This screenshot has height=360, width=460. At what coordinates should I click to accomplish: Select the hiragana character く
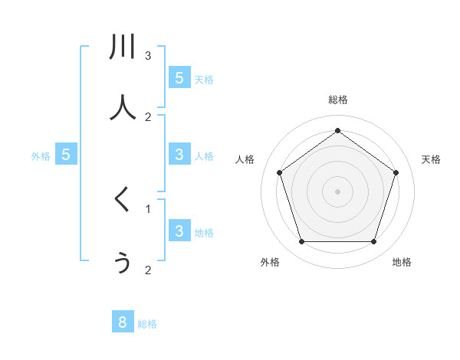click(x=122, y=201)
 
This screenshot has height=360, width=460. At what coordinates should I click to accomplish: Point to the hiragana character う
click(x=123, y=263)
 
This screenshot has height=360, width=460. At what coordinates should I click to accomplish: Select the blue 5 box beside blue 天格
click(x=179, y=77)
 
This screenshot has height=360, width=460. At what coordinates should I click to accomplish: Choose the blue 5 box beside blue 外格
click(x=66, y=155)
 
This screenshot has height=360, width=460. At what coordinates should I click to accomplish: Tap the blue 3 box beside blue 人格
click(x=179, y=155)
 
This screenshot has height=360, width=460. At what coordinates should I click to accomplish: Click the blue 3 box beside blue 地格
click(x=179, y=231)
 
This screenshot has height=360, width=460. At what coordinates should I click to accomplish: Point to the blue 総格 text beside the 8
click(x=147, y=324)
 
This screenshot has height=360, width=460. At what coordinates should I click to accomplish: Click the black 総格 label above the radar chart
click(x=337, y=100)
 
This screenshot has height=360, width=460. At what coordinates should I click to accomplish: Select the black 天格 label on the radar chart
click(x=432, y=159)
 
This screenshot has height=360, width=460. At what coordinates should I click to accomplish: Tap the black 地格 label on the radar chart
click(x=402, y=262)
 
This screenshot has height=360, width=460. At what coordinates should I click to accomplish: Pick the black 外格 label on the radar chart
click(x=270, y=262)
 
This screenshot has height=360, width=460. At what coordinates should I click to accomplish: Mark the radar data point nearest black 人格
click(x=279, y=172)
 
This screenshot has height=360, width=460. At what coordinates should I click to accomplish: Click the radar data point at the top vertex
click(x=337, y=130)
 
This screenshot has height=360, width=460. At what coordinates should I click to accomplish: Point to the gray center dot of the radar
click(x=337, y=191)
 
